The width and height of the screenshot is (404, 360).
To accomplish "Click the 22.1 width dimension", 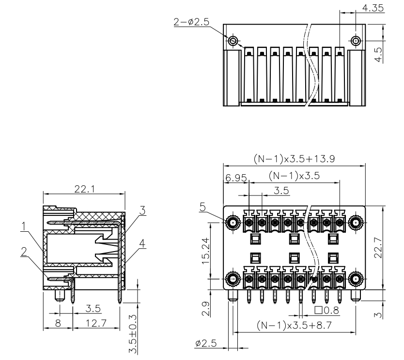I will [84, 189].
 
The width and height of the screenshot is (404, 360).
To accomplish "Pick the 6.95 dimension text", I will [235, 179].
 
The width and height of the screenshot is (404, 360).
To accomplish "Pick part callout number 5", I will [202, 207].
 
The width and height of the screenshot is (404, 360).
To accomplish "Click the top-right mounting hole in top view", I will [356, 41].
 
